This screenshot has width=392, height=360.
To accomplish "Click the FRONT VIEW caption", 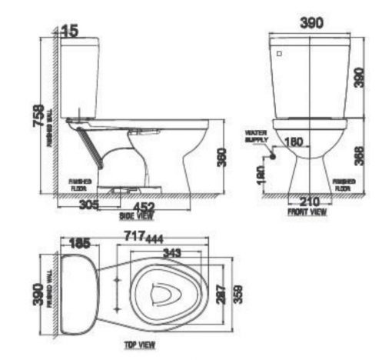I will point(305,210).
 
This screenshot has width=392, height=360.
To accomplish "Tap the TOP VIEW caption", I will point(141,345).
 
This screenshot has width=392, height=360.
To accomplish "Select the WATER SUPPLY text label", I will point(255,135).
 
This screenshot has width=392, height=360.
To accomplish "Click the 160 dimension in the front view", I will point(294,142).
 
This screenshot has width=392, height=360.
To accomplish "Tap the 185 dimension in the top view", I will point(79,243).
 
